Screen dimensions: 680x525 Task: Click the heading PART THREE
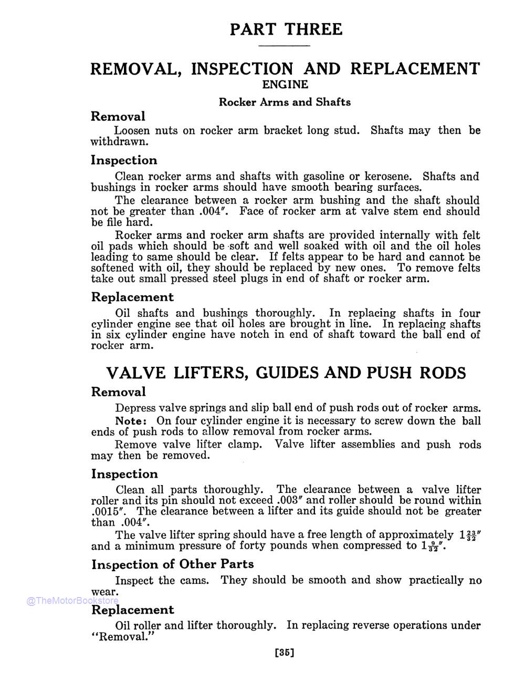click(286, 29)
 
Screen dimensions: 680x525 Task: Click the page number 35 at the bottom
click(284, 653)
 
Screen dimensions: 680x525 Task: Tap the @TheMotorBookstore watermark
click(73, 601)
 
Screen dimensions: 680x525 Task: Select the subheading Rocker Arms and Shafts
click(285, 102)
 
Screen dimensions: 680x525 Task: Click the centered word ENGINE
click(285, 85)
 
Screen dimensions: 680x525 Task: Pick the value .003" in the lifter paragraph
click(290, 500)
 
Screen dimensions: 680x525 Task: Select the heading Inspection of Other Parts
click(173, 564)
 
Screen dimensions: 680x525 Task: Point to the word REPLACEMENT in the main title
click(415, 69)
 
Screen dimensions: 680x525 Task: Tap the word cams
click(197, 580)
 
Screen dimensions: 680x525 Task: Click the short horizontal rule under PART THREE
click(286, 46)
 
